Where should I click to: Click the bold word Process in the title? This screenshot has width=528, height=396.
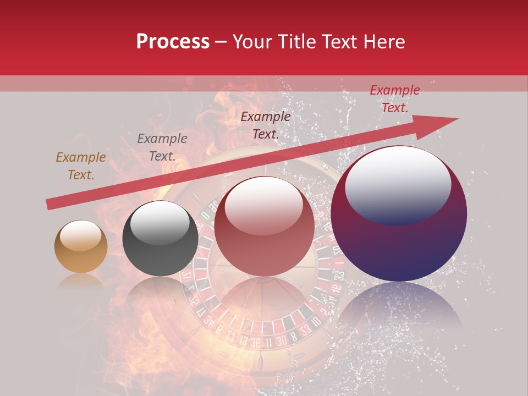[x=173, y=42]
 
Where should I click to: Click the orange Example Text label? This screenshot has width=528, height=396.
[x=81, y=166]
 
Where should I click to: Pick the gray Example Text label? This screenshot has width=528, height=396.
[x=162, y=147]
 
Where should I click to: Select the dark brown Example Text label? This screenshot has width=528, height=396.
[x=266, y=125]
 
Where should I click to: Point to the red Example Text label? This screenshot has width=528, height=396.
[x=394, y=99]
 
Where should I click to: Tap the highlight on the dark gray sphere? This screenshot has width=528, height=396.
[x=159, y=221]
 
